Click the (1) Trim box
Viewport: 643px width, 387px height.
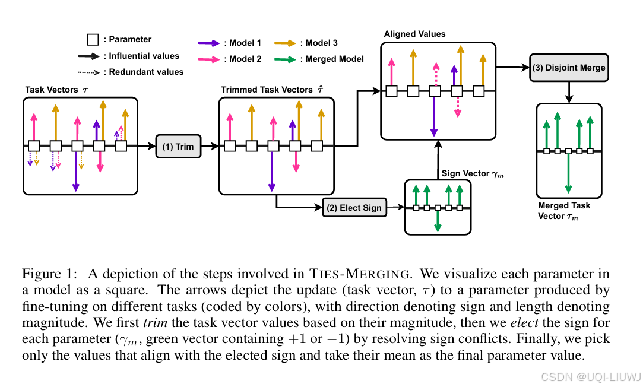coord(178,147)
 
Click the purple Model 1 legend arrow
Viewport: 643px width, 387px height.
coord(209,43)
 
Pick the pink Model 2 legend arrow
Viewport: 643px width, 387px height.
coord(209,59)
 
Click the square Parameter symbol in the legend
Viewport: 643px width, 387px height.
coord(93,40)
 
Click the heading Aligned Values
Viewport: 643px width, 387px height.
coord(414,34)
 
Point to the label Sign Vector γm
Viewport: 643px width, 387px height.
coord(472,173)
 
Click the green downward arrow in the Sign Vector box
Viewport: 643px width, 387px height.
coord(438,221)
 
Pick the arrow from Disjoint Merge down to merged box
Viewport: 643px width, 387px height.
coord(569,90)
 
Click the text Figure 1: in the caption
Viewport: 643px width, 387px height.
coord(46,274)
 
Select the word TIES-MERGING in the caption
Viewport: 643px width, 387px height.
coord(359,274)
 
